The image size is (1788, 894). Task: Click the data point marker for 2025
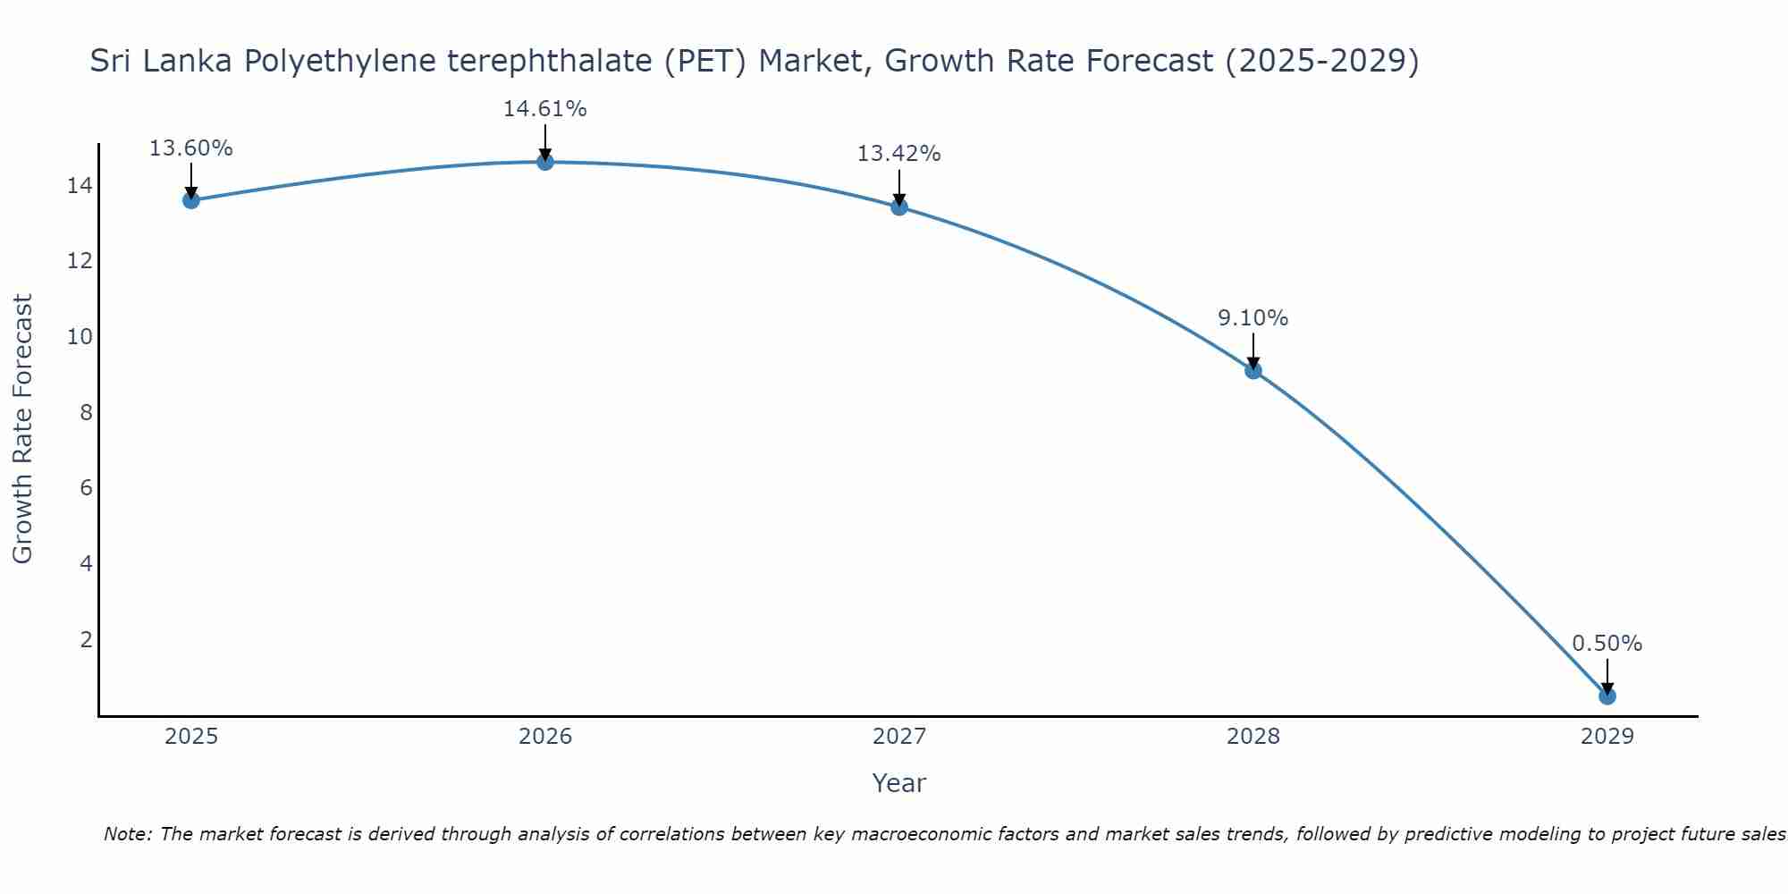point(191,200)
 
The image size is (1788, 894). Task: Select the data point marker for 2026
point(545,162)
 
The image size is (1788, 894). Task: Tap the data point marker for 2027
point(899,207)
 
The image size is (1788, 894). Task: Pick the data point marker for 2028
point(1253,370)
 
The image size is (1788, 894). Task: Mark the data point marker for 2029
point(1607,696)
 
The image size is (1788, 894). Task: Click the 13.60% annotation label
point(190,148)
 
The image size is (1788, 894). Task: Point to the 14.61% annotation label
point(544,109)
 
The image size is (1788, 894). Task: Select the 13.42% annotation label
point(898,154)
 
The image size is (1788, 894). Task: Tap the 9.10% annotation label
point(1252,318)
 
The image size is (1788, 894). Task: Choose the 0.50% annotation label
point(1607,644)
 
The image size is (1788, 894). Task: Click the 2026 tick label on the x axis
point(545,737)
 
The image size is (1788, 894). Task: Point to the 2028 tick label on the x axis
point(1253,737)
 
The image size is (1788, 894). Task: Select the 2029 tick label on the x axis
point(1607,737)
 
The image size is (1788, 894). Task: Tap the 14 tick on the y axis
point(80,186)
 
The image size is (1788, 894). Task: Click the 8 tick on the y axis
point(86,413)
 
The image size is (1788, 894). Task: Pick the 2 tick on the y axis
point(86,640)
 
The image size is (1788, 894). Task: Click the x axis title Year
point(898,783)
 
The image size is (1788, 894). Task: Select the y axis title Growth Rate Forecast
point(22,429)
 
